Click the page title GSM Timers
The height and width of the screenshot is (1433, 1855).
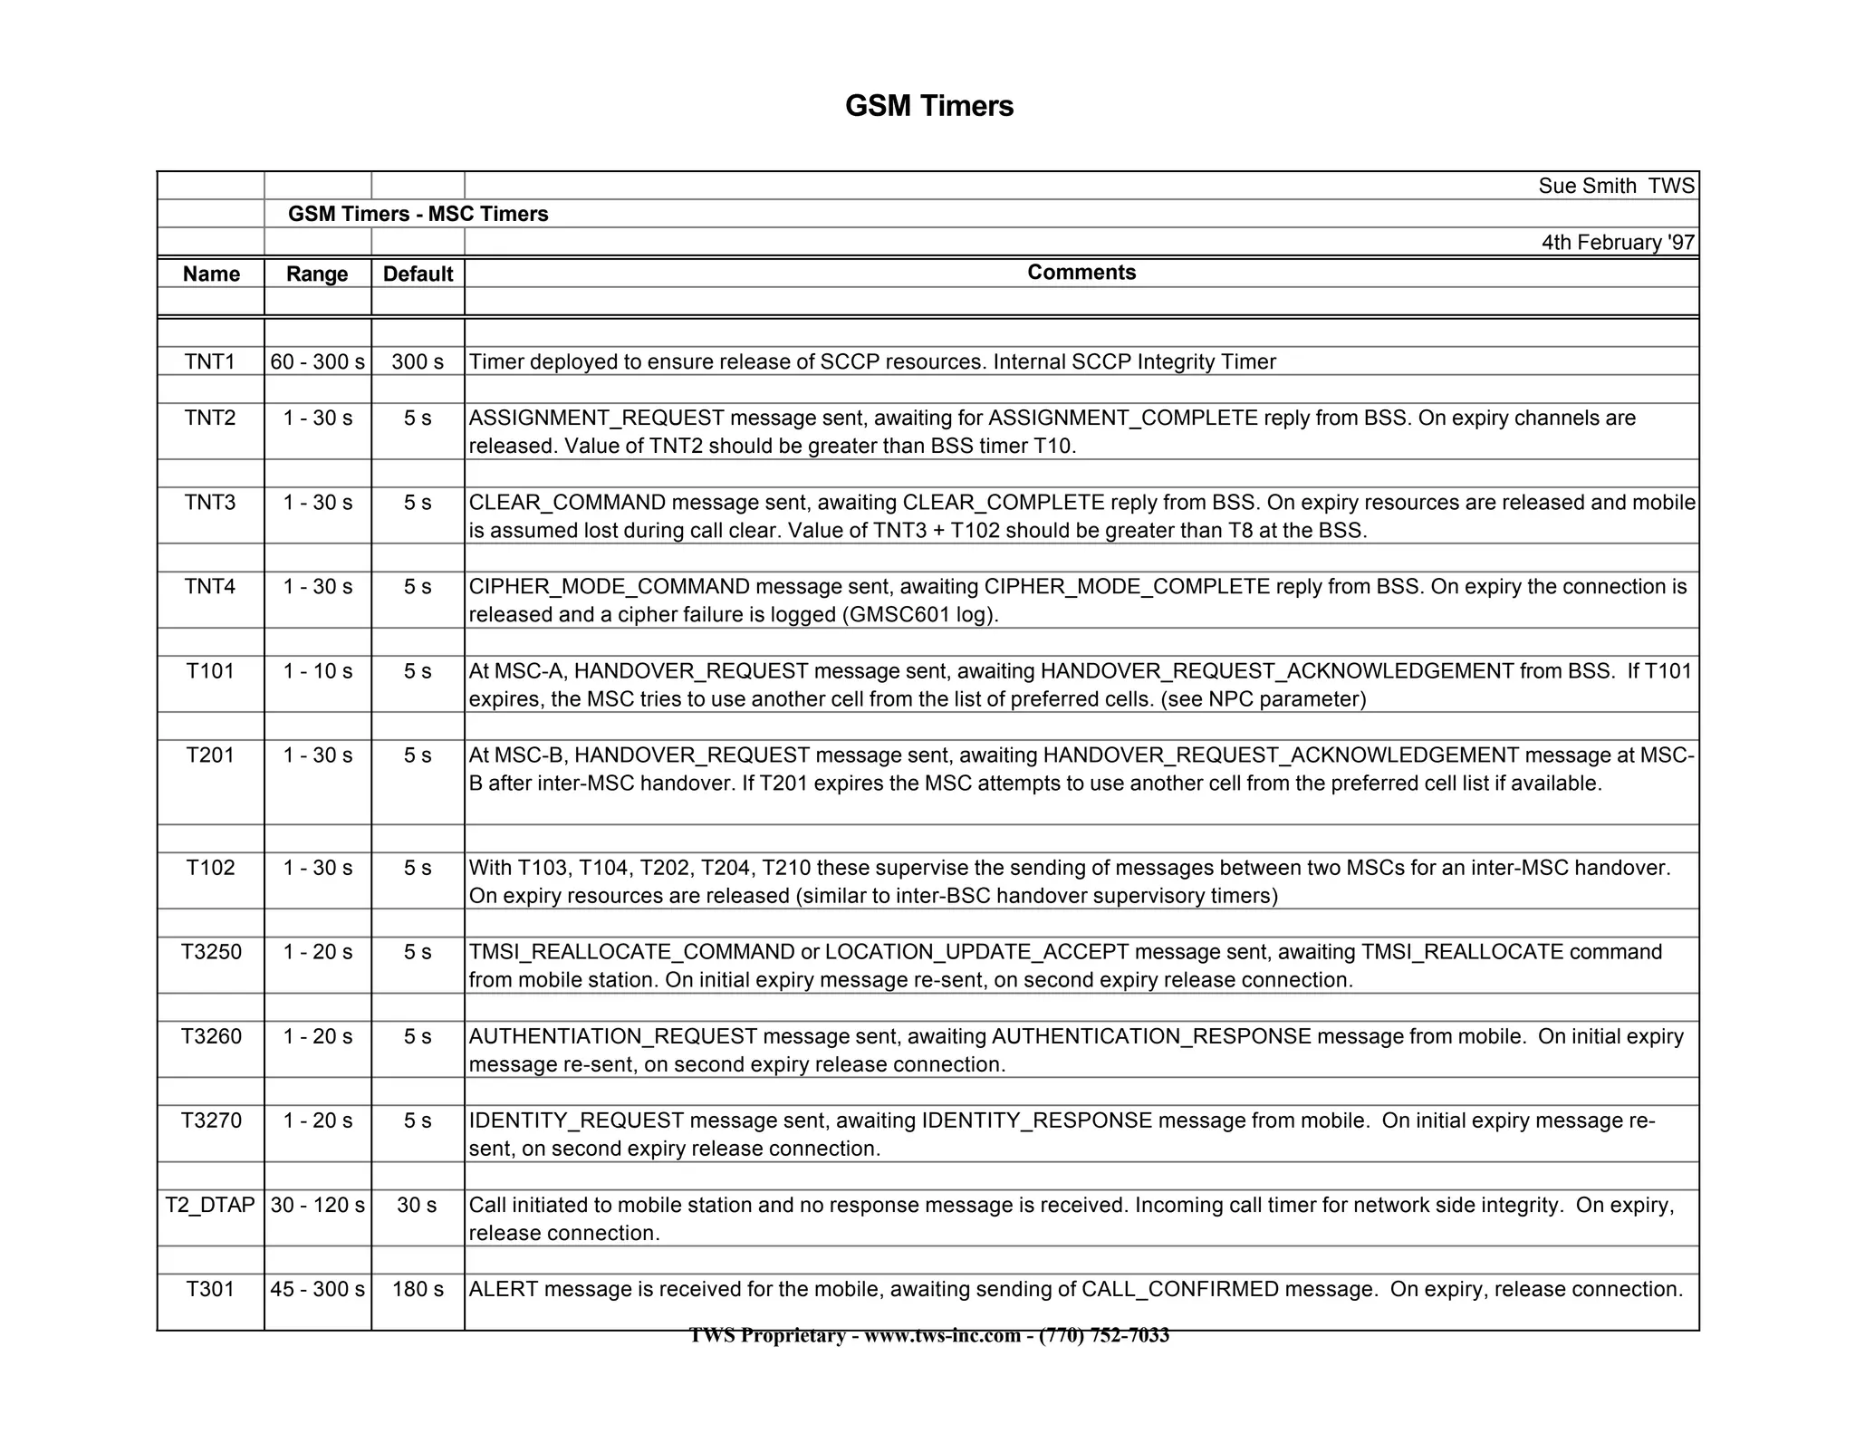pyautogui.click(x=928, y=106)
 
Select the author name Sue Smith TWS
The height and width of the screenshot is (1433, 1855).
pyautogui.click(x=1616, y=186)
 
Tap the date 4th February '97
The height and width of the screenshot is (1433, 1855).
pyautogui.click(x=1618, y=243)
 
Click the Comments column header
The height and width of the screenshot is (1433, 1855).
pyautogui.click(x=1081, y=273)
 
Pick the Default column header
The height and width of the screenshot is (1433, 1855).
pyautogui.click(x=418, y=274)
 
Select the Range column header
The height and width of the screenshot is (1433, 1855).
pyautogui.click(x=317, y=274)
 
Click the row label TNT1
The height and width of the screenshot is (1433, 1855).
pyautogui.click(x=210, y=361)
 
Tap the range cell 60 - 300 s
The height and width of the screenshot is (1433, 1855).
pyautogui.click(x=317, y=361)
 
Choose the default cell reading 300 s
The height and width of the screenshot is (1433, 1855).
pyautogui.click(x=418, y=361)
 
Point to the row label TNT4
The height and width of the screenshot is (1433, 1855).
pyautogui.click(x=210, y=586)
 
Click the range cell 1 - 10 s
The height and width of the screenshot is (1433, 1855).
pyautogui.click(x=317, y=671)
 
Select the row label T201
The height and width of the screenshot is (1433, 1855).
pyautogui.click(x=210, y=755)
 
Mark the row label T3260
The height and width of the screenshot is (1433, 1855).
pyautogui.click(x=211, y=1036)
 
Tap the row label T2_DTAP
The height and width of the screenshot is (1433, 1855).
pyautogui.click(x=210, y=1205)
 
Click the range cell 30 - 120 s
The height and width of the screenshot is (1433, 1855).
pyautogui.click(x=317, y=1205)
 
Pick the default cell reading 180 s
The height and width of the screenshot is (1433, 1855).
pyautogui.click(x=418, y=1289)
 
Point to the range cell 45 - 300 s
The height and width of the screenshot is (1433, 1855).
pyautogui.click(x=317, y=1289)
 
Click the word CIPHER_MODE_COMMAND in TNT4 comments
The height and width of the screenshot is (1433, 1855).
pyautogui.click(x=610, y=587)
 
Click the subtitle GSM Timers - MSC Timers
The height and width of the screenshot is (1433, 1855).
pyautogui.click(x=418, y=214)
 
